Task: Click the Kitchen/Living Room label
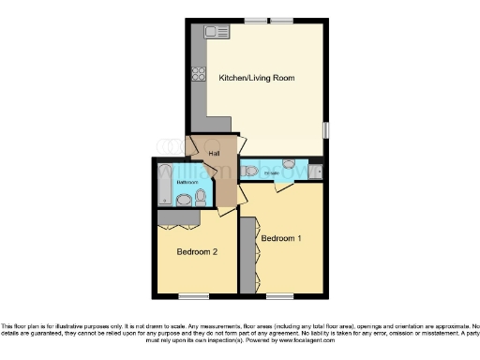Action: [x=257, y=78]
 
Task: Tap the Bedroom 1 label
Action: [x=281, y=238]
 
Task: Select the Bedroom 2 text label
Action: [x=198, y=252]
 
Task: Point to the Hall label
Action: [x=201, y=157]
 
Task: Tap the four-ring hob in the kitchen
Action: [x=200, y=73]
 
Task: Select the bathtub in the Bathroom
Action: [x=165, y=184]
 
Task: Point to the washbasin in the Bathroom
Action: [x=185, y=199]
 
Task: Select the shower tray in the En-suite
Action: [x=315, y=171]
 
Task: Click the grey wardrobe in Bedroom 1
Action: [x=247, y=255]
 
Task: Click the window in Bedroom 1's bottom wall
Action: [x=279, y=294]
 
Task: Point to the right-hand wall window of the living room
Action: [x=326, y=130]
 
